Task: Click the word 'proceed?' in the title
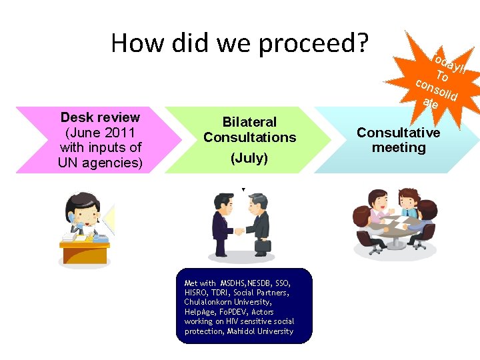pos(313,44)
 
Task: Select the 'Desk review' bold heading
pos(100,117)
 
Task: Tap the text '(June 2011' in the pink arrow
pos(100,132)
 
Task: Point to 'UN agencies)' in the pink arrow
pos(100,162)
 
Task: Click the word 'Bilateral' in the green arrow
pos(249,122)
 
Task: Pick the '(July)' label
pos(249,158)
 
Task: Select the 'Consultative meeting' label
pos(399,140)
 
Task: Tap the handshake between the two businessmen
pos(239,232)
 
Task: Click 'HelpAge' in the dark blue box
pos(199,312)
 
